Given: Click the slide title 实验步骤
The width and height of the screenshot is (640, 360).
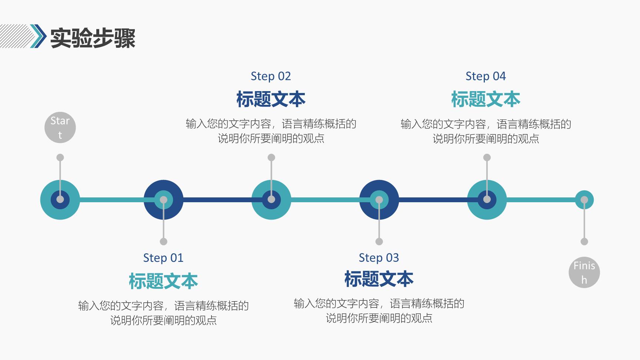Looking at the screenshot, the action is pyautogui.click(x=93, y=37).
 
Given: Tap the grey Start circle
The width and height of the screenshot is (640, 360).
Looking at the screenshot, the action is pyautogui.click(x=60, y=128).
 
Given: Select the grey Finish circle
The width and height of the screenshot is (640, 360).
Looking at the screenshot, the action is pyautogui.click(x=584, y=272).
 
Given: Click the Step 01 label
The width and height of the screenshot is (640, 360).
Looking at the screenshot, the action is pyautogui.click(x=163, y=258).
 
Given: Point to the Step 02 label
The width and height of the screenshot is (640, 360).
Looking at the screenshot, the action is pyautogui.click(x=271, y=76).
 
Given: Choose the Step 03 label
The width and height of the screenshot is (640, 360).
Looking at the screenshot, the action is pyautogui.click(x=379, y=258).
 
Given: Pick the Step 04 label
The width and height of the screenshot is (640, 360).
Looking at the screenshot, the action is pyautogui.click(x=486, y=76).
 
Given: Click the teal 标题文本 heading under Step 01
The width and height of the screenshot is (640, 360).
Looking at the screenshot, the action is pyautogui.click(x=163, y=281).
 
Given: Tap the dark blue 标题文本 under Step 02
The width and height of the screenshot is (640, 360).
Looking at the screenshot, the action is pyautogui.click(x=271, y=99).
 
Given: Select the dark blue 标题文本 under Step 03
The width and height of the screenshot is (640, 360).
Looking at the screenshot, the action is pyautogui.click(x=379, y=279).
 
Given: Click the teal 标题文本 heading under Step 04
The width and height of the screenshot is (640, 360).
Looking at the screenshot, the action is pyautogui.click(x=486, y=99).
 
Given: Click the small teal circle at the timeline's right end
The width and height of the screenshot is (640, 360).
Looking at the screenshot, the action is pyautogui.click(x=584, y=200).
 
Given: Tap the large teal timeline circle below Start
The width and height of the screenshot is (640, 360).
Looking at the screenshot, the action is pyautogui.click(x=60, y=200).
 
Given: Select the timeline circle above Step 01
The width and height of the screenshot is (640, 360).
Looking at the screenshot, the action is pyautogui.click(x=163, y=200).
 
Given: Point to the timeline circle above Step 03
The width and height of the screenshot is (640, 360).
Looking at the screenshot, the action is pyautogui.click(x=379, y=200).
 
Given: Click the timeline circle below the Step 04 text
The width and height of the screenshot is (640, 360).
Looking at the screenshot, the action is pyautogui.click(x=487, y=200).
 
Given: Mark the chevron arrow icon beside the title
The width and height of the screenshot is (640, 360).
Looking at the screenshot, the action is pyautogui.click(x=38, y=36).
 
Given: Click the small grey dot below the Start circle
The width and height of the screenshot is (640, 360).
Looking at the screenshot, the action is pyautogui.click(x=60, y=157).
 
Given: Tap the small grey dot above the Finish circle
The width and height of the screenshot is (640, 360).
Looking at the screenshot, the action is pyautogui.click(x=584, y=241).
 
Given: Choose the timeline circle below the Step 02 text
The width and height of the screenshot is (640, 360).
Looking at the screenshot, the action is pyautogui.click(x=271, y=200).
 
